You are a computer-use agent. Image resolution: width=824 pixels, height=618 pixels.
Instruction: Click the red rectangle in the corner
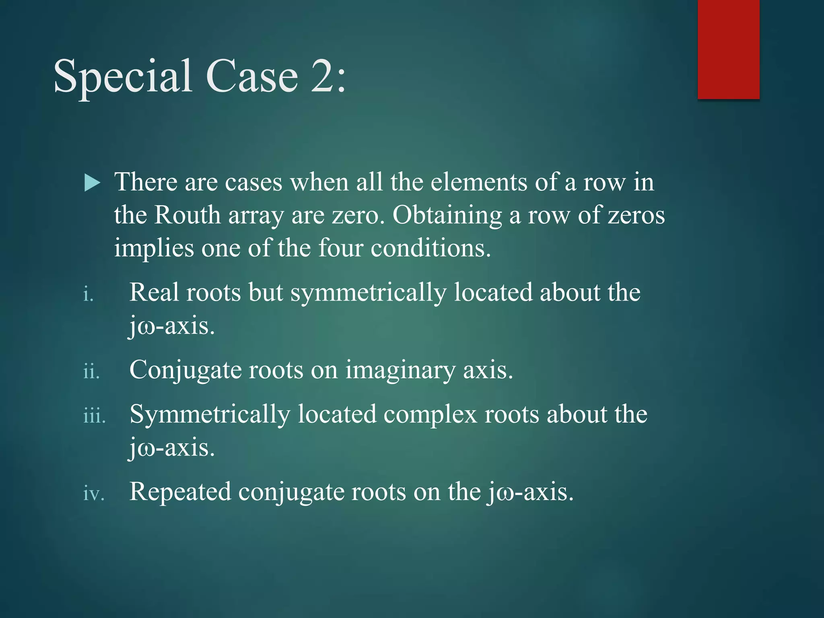728,49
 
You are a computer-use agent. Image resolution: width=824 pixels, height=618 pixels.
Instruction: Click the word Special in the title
122,76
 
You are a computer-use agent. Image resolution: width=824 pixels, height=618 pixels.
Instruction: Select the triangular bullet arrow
92,183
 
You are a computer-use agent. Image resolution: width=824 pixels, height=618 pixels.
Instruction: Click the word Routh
187,215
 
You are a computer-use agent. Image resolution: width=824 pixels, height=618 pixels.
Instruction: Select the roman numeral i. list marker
88,295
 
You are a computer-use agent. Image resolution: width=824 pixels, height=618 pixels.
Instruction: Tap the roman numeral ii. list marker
91,371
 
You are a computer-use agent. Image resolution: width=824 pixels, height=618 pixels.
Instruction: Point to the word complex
430,414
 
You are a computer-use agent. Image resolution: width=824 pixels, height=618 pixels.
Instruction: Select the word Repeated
180,492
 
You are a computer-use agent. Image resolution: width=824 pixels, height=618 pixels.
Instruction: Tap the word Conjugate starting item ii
185,371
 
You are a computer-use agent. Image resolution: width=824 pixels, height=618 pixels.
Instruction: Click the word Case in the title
252,76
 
